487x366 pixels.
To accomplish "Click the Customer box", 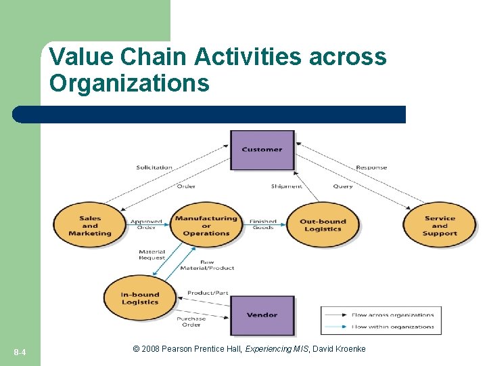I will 262,149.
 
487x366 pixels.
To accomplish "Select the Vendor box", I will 262,314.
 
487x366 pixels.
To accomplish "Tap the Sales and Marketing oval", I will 90,226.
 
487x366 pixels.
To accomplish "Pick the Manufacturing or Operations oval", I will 206,226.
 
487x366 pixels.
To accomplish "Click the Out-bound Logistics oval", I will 323,225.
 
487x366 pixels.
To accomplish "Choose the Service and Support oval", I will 440,226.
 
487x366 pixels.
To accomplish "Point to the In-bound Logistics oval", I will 140,298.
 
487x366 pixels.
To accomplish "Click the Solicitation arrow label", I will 154,167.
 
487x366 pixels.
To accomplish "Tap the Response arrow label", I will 371,167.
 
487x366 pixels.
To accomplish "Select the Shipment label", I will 287,186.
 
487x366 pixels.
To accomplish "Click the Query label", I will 343,186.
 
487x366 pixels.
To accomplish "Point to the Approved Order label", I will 147,224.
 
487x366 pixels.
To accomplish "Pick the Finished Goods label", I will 263,224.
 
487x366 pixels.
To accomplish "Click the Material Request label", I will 152,255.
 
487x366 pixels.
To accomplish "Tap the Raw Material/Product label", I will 207,265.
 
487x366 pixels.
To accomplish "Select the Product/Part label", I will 208,293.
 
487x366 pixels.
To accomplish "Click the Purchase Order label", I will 191,321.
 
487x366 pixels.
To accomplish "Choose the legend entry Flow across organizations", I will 392,315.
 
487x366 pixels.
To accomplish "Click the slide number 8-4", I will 20,352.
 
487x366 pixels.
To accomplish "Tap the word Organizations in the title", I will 129,83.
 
